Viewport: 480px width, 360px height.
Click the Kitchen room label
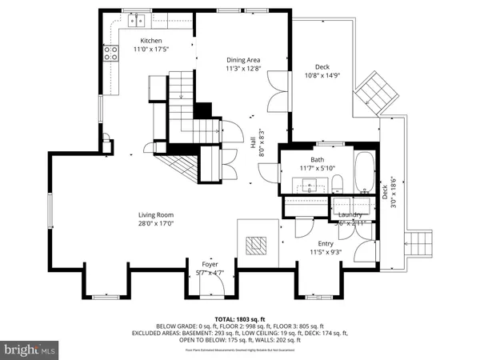coord(151,40)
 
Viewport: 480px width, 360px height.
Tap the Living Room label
coord(157,214)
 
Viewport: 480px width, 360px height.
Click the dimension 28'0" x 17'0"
coord(157,224)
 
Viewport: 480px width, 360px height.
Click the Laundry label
coord(350,214)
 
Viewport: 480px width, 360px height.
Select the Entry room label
coord(326,243)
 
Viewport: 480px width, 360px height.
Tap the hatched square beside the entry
coord(258,246)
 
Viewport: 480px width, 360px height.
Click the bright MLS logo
coord(30,350)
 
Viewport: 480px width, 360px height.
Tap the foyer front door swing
coord(214,274)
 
